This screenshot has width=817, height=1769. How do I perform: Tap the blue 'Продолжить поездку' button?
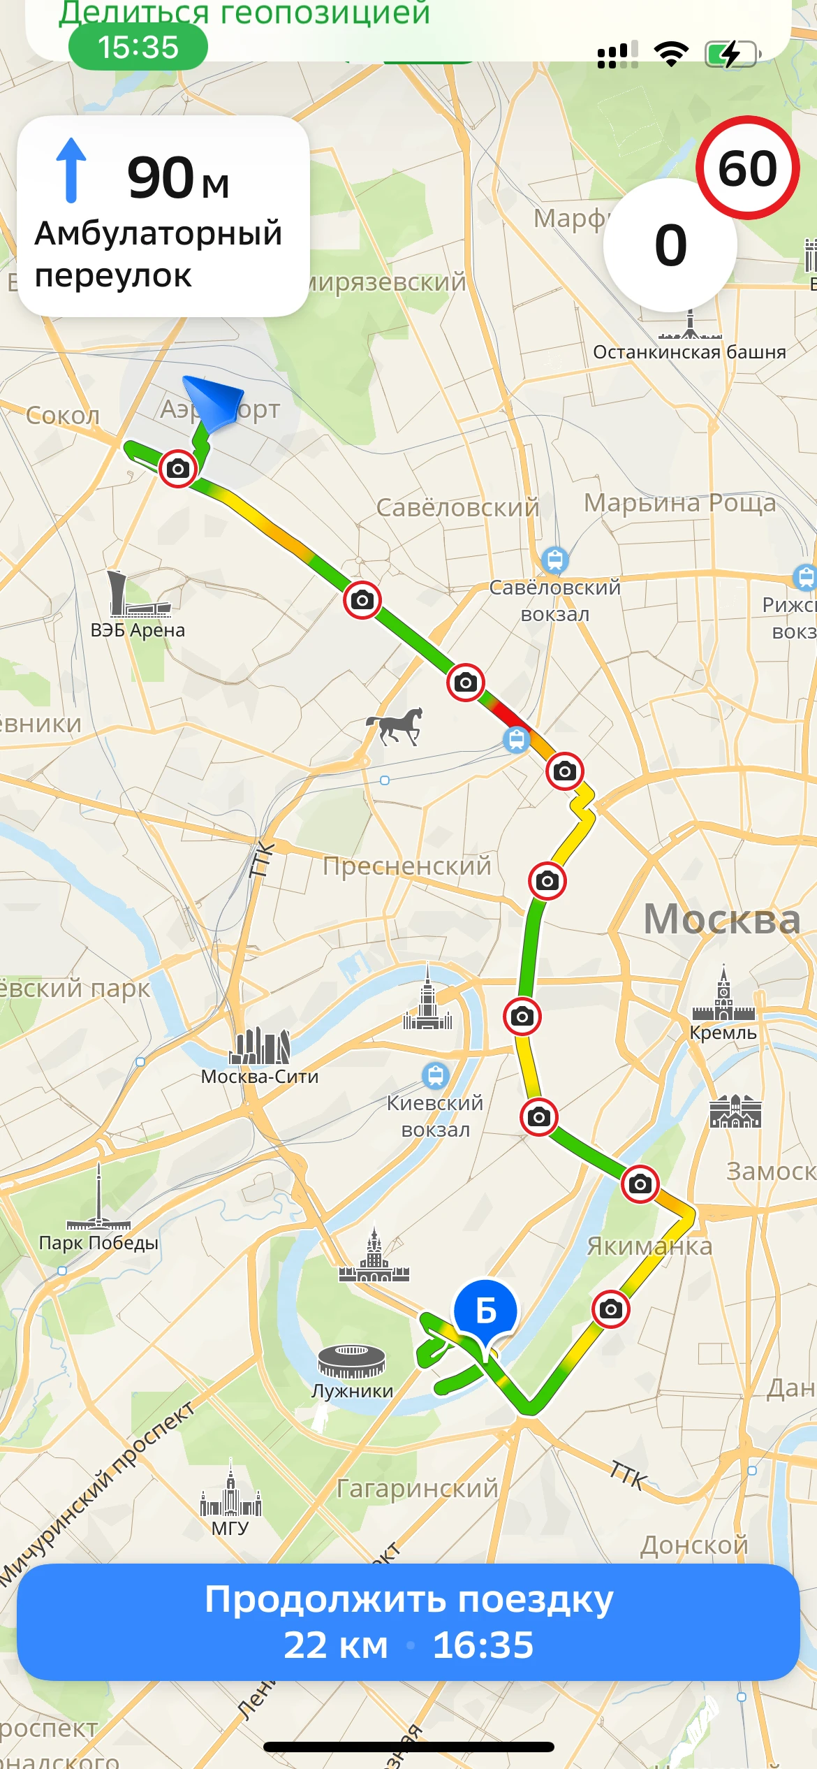click(x=408, y=1622)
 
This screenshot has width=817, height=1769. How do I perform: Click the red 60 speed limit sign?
click(x=748, y=168)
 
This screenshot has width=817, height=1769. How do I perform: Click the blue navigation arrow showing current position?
click(x=214, y=401)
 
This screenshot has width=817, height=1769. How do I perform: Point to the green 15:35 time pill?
click(x=138, y=48)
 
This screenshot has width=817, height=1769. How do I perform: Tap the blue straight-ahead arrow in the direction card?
click(x=71, y=170)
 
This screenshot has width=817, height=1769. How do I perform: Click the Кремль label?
click(x=723, y=1033)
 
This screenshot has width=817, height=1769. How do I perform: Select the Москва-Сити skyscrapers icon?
click(x=260, y=1045)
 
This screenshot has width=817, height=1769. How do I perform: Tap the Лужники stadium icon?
click(x=351, y=1361)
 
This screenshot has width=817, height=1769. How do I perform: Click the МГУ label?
click(x=230, y=1528)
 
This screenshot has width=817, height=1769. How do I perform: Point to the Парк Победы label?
click(x=98, y=1243)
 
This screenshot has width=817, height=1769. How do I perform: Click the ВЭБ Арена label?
click(x=138, y=630)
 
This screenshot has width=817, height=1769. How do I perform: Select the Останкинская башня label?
click(x=689, y=352)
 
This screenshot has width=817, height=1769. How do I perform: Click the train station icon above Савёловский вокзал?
click(x=555, y=560)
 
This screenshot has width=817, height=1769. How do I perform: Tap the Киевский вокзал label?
click(x=435, y=1116)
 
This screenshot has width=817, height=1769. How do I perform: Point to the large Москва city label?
click(x=721, y=919)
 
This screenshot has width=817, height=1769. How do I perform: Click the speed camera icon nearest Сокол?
click(x=177, y=468)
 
